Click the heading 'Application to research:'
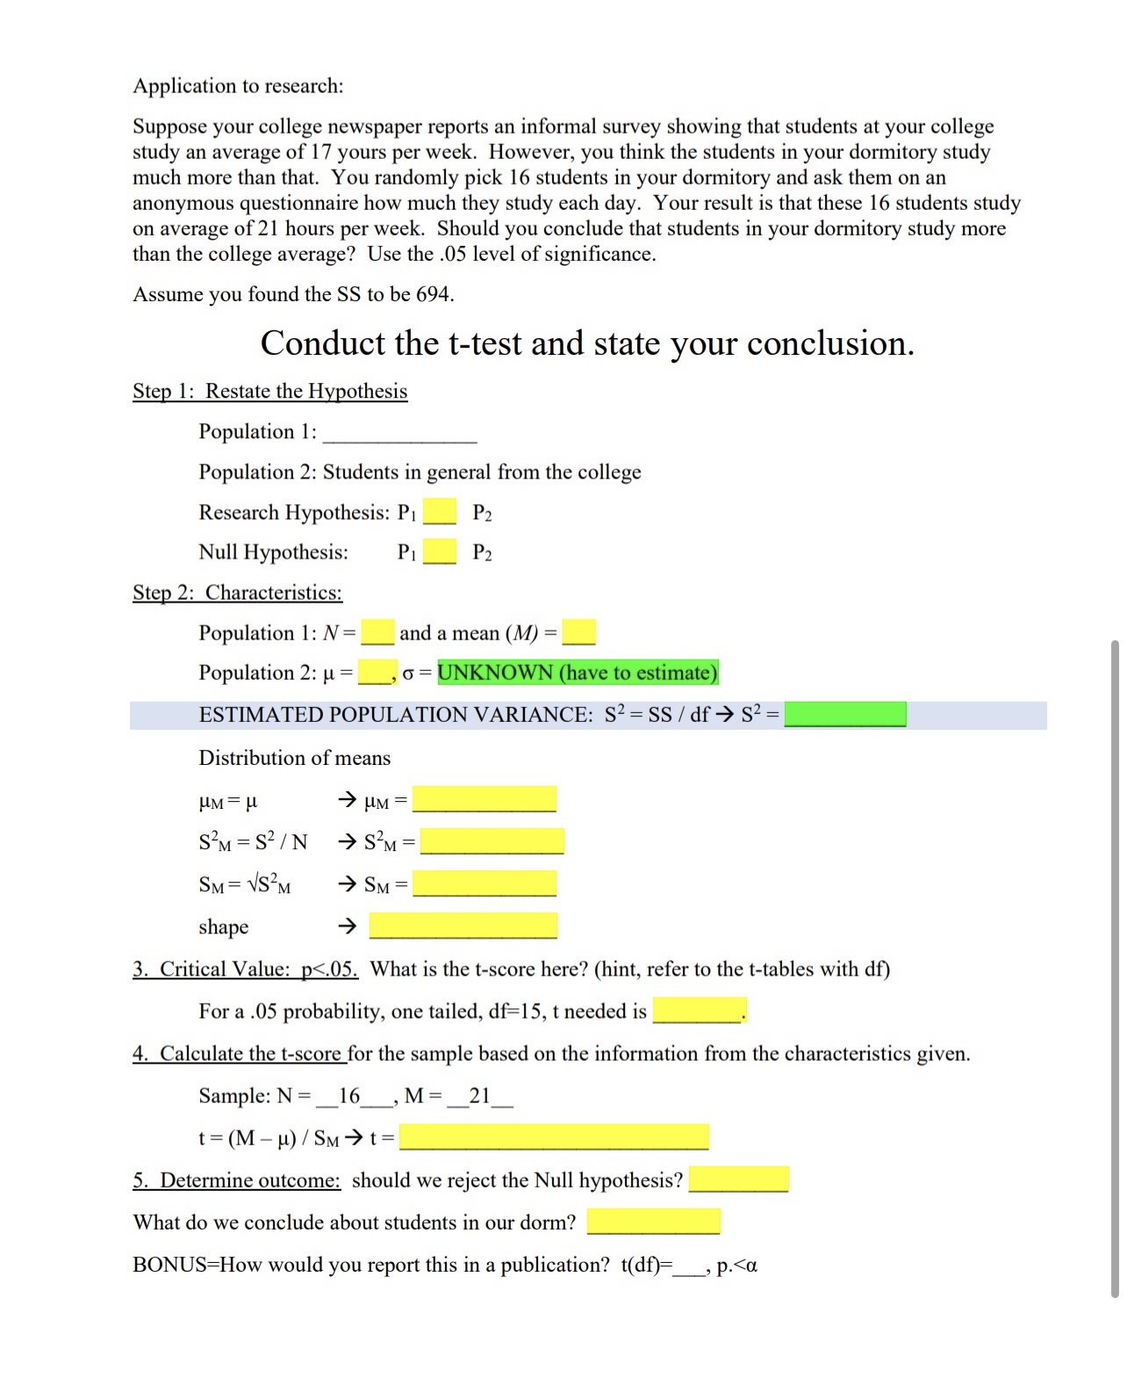click(x=238, y=86)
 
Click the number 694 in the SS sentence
click(x=433, y=294)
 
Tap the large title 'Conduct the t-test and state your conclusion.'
click(x=587, y=343)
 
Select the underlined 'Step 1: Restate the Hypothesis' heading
click(x=269, y=392)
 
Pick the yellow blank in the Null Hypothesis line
click(x=440, y=552)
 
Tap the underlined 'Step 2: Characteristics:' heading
click(x=237, y=593)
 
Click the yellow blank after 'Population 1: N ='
click(x=377, y=632)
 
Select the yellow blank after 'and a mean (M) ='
click(x=578, y=632)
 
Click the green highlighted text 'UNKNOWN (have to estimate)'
click(x=578, y=673)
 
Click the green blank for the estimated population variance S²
click(x=845, y=714)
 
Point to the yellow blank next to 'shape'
click(x=463, y=926)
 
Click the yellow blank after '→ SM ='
click(x=484, y=884)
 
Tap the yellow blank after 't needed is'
click(x=699, y=1011)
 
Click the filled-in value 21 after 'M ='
click(x=479, y=1095)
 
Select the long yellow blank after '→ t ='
click(x=554, y=1137)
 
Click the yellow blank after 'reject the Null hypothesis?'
click(x=738, y=1179)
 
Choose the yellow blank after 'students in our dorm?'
click(x=653, y=1222)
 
